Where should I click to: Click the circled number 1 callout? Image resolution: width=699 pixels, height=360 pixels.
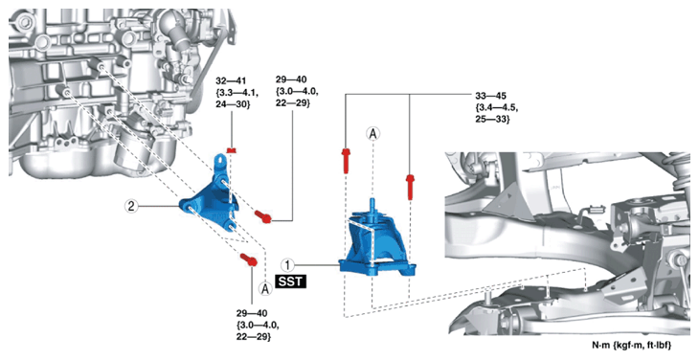(287, 265)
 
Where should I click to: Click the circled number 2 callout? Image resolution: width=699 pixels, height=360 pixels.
(130, 206)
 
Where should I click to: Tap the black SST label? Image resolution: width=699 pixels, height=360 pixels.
(291, 281)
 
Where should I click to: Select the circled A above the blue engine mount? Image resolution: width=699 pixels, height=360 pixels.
(372, 133)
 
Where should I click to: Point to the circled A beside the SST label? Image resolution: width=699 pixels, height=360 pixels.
(265, 289)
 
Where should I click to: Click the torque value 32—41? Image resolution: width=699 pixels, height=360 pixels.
(230, 81)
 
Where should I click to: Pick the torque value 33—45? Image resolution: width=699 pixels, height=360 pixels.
(490, 96)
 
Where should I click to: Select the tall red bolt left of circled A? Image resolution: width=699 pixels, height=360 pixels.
(346, 161)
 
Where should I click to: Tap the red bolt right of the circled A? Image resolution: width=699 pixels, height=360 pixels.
(410, 187)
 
